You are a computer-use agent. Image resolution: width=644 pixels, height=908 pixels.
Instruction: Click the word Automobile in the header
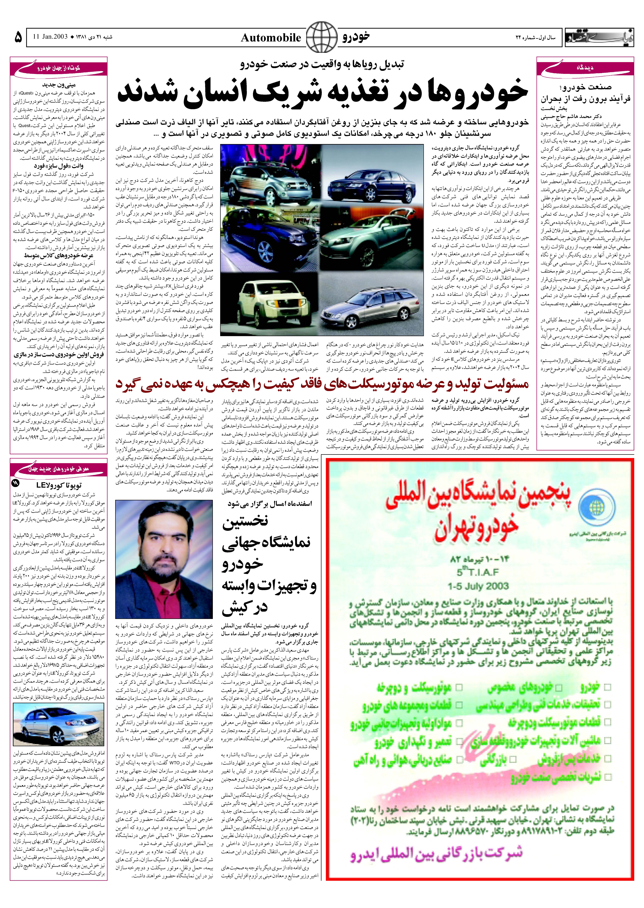click(271, 38)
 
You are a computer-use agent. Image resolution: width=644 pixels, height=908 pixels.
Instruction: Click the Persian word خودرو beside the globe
click(356, 37)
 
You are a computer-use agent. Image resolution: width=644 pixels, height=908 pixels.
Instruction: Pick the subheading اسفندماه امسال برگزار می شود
click(270, 503)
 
